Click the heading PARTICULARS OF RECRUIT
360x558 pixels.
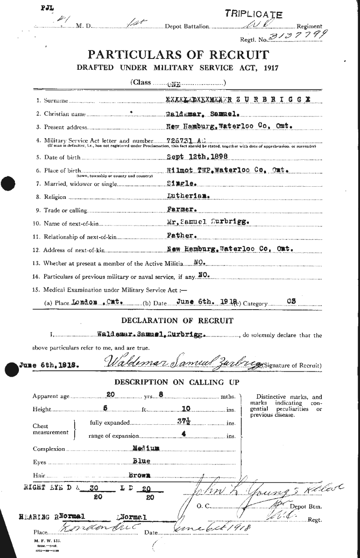click(x=179, y=55)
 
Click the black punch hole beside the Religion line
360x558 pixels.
click(x=8, y=184)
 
